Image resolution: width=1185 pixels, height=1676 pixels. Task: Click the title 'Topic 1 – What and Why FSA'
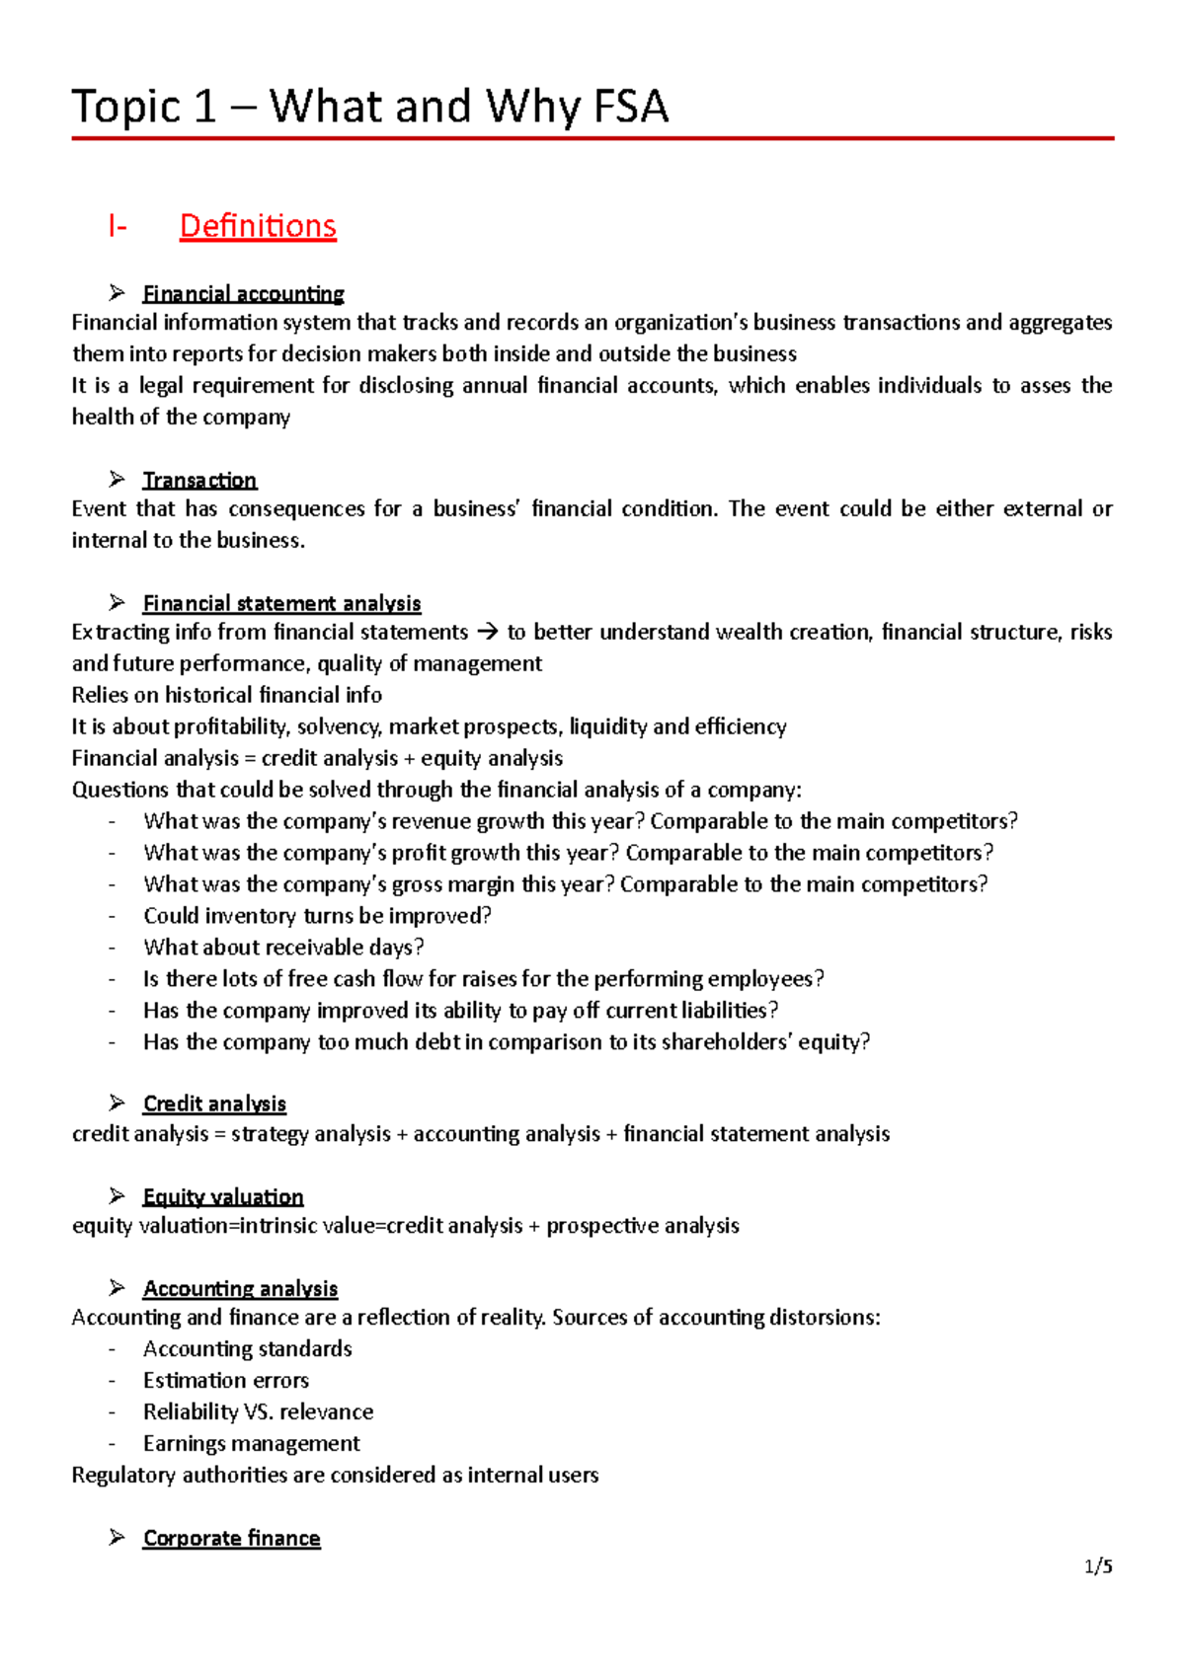click(370, 107)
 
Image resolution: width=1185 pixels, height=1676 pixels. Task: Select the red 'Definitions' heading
click(258, 226)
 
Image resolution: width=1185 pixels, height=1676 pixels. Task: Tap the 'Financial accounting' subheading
click(243, 293)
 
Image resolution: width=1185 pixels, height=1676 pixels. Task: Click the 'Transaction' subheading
click(199, 480)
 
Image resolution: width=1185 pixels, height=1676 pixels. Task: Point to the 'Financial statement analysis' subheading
click(281, 603)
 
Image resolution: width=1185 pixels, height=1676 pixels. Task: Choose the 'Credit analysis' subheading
click(214, 1104)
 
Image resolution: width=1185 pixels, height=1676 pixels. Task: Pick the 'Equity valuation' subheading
click(223, 1196)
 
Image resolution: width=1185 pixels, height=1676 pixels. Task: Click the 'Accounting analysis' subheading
click(240, 1288)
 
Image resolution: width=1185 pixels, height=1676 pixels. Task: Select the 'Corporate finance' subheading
click(231, 1538)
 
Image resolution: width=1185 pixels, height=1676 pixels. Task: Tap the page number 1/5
click(1098, 1566)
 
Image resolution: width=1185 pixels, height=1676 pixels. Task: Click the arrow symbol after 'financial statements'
click(488, 633)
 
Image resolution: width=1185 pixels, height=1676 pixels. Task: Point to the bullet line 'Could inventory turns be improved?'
click(317, 916)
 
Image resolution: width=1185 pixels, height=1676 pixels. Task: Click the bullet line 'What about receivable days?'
click(283, 948)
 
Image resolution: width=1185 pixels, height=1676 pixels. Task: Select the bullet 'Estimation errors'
click(226, 1380)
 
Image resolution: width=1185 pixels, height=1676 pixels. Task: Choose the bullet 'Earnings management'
click(251, 1443)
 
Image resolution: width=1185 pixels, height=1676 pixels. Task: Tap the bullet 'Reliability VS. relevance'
click(258, 1411)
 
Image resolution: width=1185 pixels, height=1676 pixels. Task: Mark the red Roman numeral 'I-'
click(118, 227)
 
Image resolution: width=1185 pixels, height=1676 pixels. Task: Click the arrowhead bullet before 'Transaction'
click(118, 480)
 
